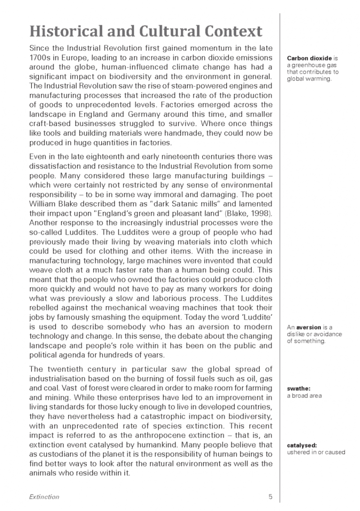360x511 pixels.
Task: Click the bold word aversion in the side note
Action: click(x=310, y=327)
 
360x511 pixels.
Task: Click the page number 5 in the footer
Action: click(x=270, y=497)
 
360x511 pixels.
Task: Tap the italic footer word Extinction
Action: click(x=44, y=497)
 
